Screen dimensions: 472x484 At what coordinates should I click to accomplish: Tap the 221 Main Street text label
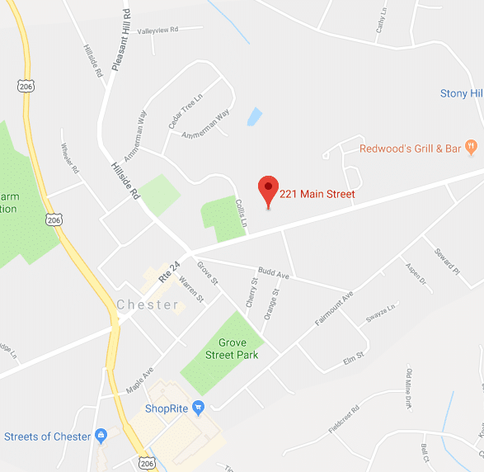tap(317, 195)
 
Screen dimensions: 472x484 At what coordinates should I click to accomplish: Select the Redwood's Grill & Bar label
tap(410, 149)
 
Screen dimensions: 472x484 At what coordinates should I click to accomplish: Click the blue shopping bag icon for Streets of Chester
tap(101, 436)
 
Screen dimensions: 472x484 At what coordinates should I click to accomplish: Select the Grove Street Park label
tap(238, 349)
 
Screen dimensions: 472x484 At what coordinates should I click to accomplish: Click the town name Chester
tap(148, 304)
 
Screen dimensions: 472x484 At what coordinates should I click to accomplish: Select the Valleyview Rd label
tap(157, 31)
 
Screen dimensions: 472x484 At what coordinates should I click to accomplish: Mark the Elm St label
tap(353, 360)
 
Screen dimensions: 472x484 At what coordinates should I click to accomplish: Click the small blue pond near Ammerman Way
tap(254, 116)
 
